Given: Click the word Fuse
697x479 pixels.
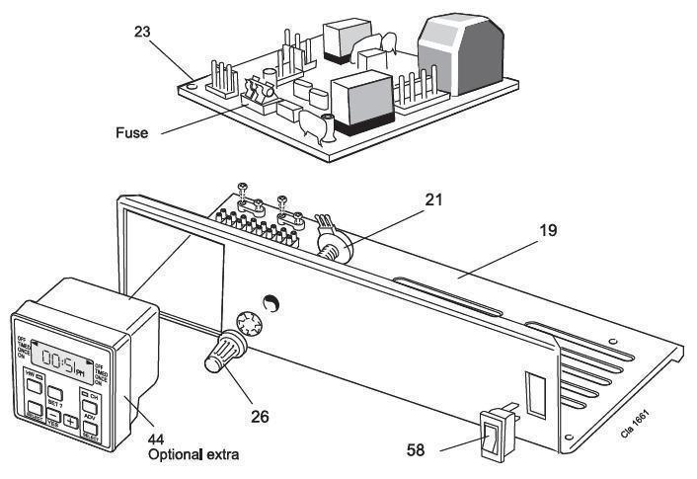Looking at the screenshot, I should click(x=131, y=132).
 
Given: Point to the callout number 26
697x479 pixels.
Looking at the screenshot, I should click(x=259, y=416).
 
